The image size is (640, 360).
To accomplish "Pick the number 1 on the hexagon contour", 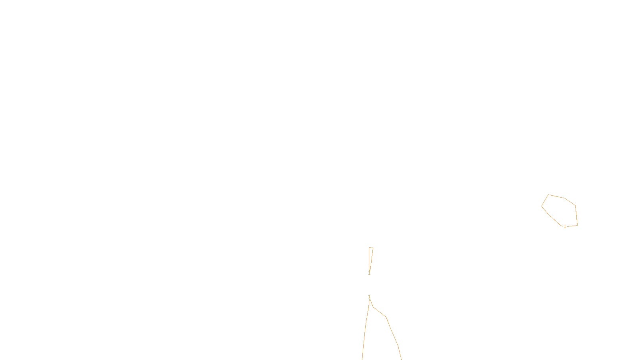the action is pos(565,226).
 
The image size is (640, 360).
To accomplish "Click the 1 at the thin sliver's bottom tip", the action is pos(369,273).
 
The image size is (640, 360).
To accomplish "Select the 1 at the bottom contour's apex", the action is pos(369,297).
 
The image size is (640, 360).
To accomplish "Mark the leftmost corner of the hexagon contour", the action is pos(542,206).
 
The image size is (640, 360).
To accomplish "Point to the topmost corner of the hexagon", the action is pos(548,195).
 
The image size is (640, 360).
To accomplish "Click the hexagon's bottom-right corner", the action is pos(577,225).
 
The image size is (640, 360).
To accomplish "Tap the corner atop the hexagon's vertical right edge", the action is pos(575,206).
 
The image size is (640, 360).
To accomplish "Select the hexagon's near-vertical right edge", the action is pos(576,215).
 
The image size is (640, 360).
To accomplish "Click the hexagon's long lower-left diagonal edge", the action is pos(551,216).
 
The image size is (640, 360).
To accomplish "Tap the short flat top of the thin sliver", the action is pos(371,248).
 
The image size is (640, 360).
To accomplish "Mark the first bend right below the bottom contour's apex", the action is pos(373,307).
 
